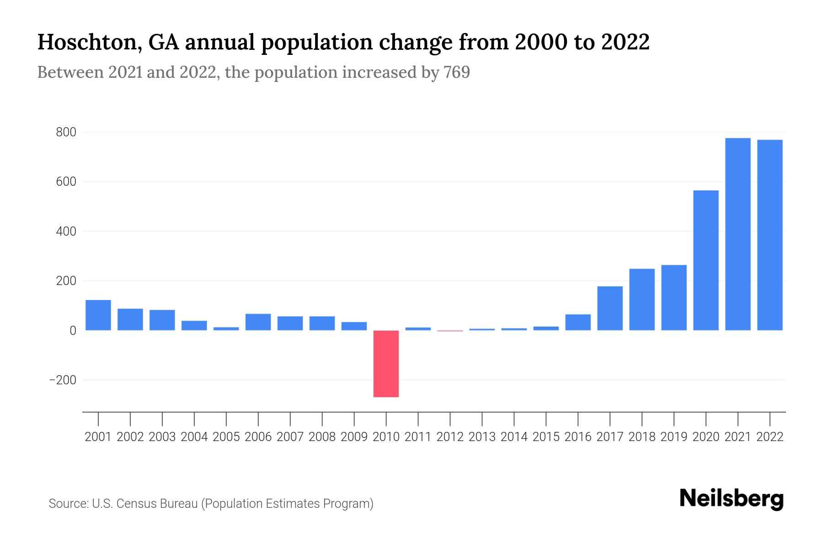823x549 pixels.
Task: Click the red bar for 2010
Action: tap(386, 363)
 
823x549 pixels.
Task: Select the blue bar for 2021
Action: tap(737, 234)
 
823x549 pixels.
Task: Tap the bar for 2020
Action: tap(705, 260)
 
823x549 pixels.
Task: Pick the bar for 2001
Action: tap(98, 315)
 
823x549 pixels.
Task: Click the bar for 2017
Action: tap(610, 308)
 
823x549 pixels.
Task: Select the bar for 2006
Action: tap(258, 322)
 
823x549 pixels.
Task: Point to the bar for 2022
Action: tap(770, 235)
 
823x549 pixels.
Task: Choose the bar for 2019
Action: tap(673, 297)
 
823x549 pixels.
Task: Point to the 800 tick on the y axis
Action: tap(66, 133)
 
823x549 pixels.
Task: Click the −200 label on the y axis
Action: tap(63, 380)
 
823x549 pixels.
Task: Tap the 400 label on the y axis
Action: tap(66, 231)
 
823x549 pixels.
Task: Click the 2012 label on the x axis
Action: tap(450, 437)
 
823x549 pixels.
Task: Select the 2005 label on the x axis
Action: tap(226, 437)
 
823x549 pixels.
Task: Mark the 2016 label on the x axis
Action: tap(578, 437)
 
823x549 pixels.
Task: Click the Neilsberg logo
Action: tap(732, 499)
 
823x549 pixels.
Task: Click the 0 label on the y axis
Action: tap(73, 330)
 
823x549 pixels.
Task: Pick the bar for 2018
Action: tap(641, 299)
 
